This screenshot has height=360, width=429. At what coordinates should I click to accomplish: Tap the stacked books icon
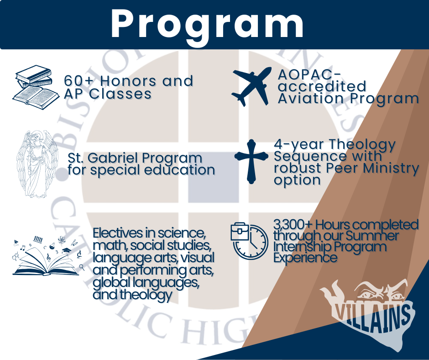click(x=36, y=87)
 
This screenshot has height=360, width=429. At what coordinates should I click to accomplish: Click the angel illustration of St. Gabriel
click(x=37, y=164)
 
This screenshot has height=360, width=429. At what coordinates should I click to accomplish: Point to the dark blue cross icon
click(x=251, y=161)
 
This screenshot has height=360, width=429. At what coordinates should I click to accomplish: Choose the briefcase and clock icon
click(x=249, y=241)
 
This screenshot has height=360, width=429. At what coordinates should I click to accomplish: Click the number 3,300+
click(x=293, y=225)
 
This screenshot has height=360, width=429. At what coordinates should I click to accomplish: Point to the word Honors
click(x=129, y=81)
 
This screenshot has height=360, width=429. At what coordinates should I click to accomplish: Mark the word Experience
click(x=305, y=258)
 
